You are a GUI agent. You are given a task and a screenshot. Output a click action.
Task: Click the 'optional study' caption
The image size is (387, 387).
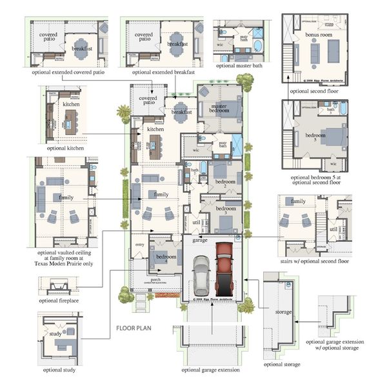[x=59, y=370]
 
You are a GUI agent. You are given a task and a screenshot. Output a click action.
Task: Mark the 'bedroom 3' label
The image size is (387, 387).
[x=226, y=209]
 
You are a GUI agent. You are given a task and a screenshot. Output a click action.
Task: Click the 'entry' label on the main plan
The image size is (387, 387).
[x=139, y=245]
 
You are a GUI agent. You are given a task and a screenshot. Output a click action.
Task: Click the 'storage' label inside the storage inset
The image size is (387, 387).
[x=284, y=312]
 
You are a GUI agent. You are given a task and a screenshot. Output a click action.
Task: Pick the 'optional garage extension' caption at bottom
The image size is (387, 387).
[x=210, y=370]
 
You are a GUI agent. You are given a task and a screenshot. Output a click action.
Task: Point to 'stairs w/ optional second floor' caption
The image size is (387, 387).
[x=313, y=261]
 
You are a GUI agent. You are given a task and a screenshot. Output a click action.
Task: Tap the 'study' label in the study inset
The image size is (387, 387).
[x=55, y=333]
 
